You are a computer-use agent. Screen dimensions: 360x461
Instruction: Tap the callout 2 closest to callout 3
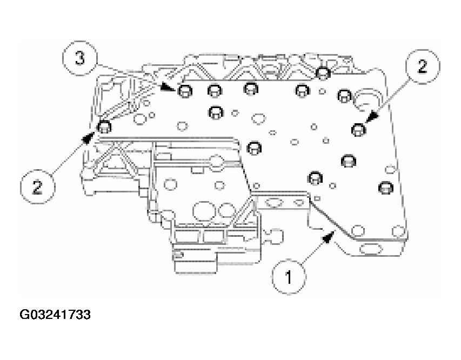pyautogui.click(x=37, y=187)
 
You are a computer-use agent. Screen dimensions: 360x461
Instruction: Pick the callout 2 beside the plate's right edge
pyautogui.click(x=422, y=67)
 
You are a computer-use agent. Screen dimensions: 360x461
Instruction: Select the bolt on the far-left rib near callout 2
pyautogui.click(x=104, y=127)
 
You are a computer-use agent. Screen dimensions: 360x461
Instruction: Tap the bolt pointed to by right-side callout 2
pyautogui.click(x=358, y=129)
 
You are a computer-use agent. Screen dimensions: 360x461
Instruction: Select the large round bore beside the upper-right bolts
pyautogui.click(x=367, y=101)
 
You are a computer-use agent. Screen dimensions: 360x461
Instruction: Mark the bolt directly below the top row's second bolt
pyautogui.click(x=216, y=112)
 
